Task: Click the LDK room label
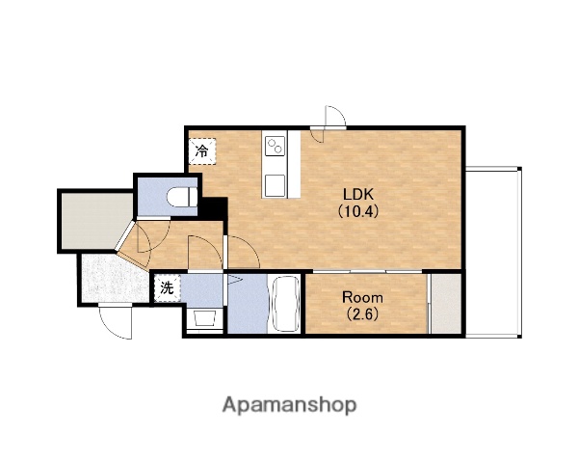point(358,194)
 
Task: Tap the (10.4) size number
point(358,211)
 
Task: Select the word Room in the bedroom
point(362,298)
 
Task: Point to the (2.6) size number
point(362,314)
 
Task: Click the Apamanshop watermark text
point(289,405)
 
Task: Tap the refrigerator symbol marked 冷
point(201,151)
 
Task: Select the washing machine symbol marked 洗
point(167,288)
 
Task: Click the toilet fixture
point(182,197)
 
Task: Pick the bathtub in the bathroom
point(285,304)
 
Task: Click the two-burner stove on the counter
point(275,146)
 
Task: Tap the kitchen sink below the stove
point(275,185)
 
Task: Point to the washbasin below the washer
point(204,318)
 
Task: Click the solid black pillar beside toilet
point(213,208)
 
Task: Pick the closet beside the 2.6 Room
point(446,304)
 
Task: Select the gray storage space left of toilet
point(96,221)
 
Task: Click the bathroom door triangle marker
point(234,280)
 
